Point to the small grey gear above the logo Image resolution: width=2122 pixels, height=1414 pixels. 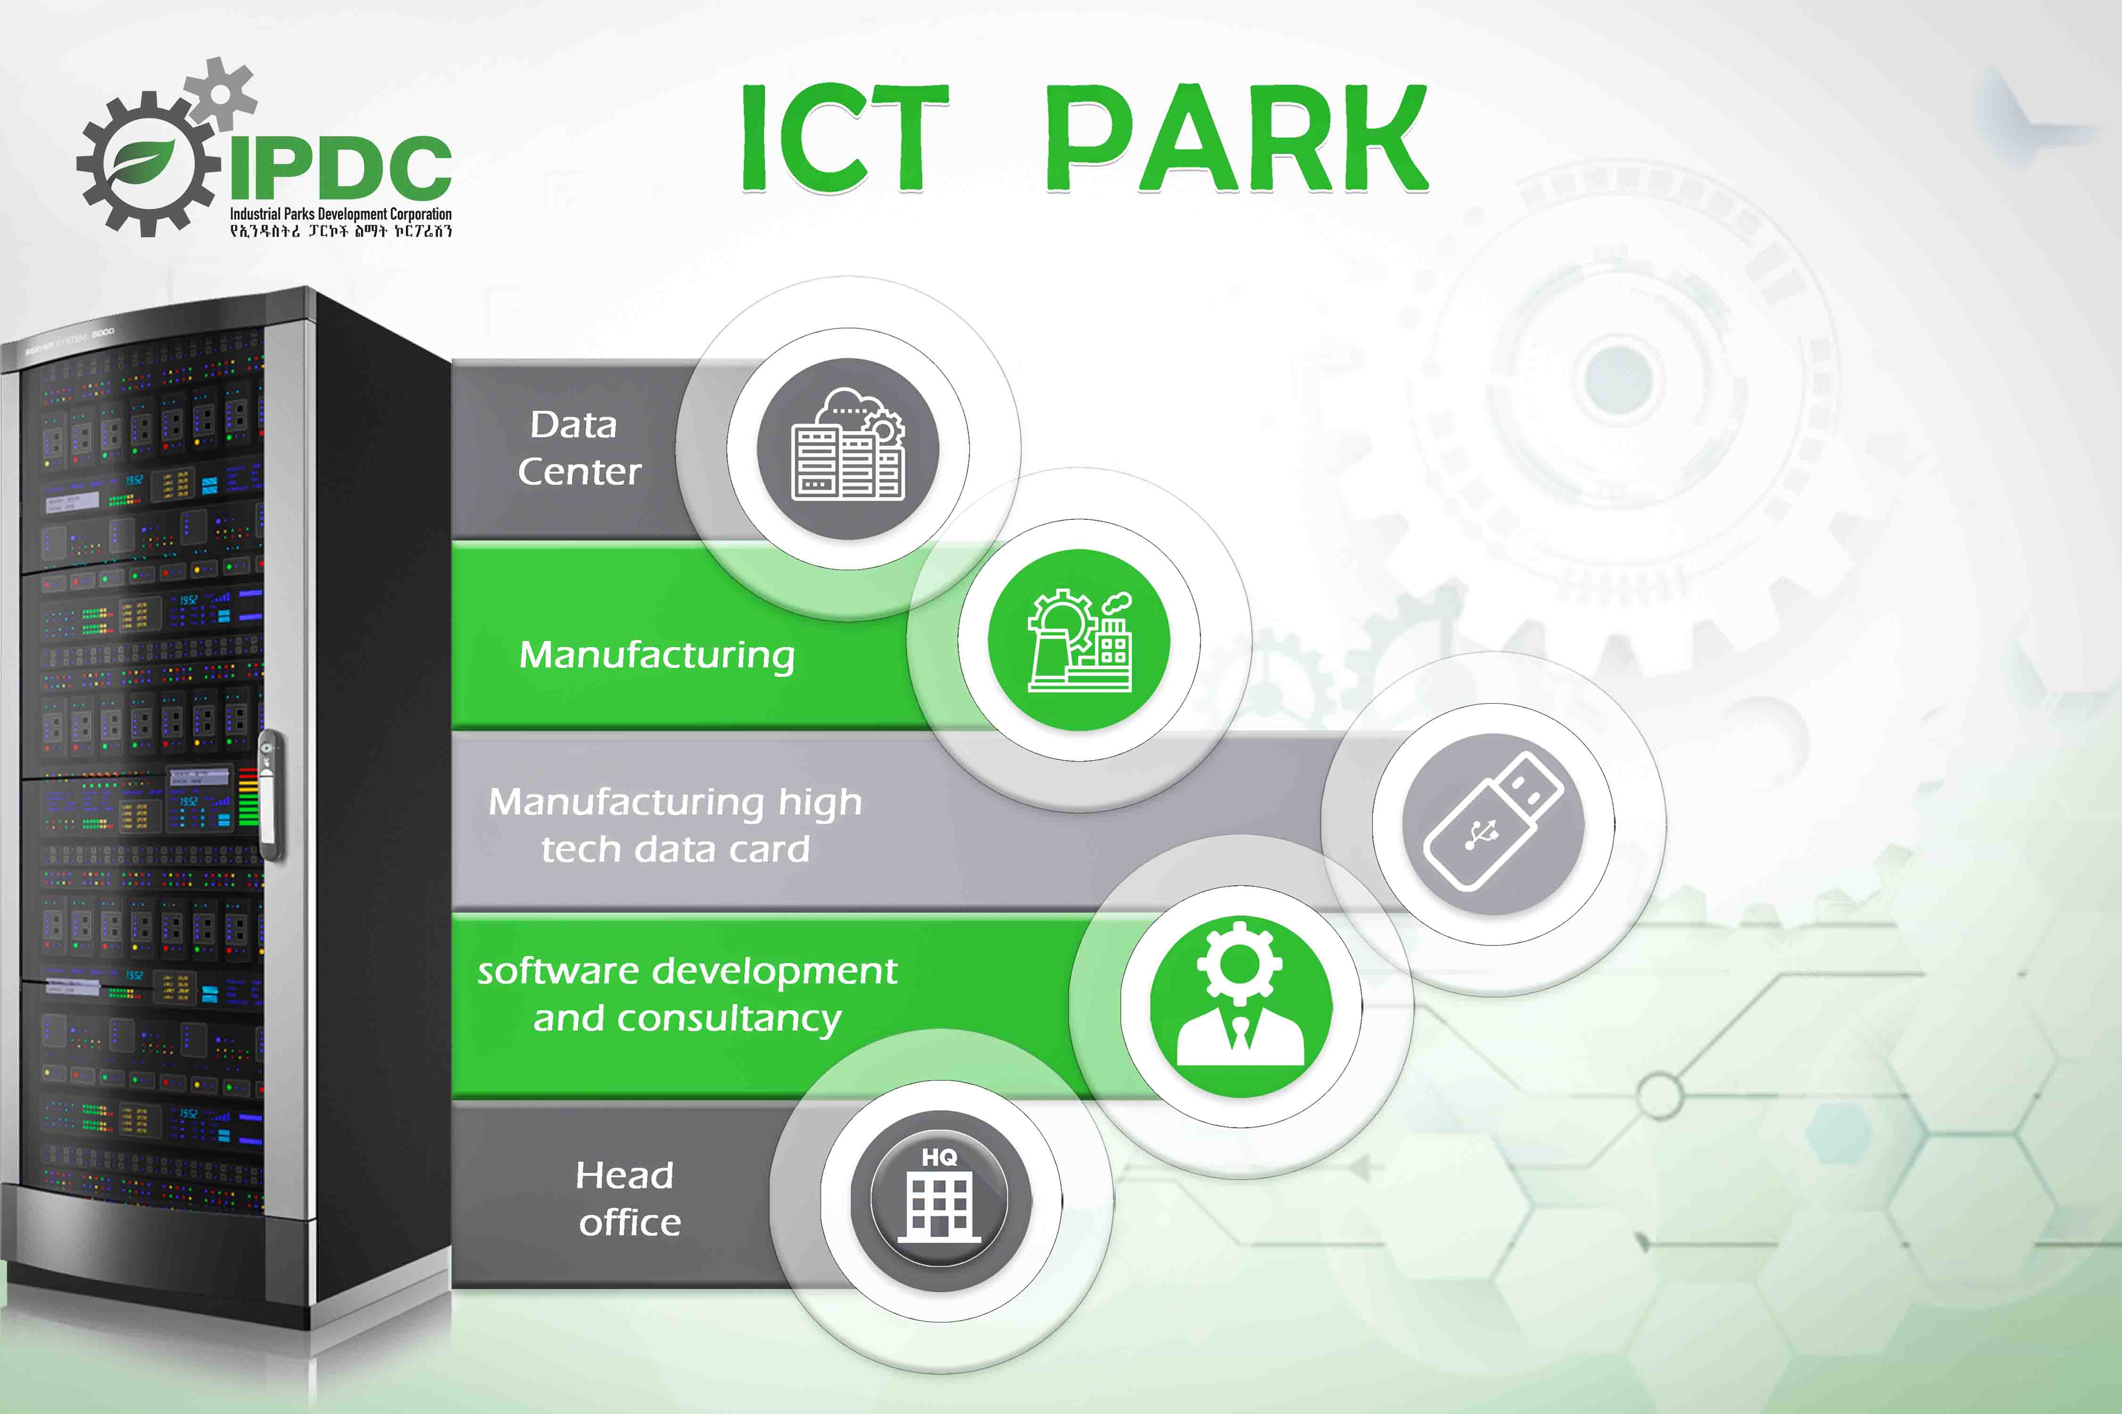[x=219, y=90]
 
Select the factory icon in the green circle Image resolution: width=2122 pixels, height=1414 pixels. [x=1079, y=640]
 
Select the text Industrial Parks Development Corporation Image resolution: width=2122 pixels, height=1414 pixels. [x=340, y=214]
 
